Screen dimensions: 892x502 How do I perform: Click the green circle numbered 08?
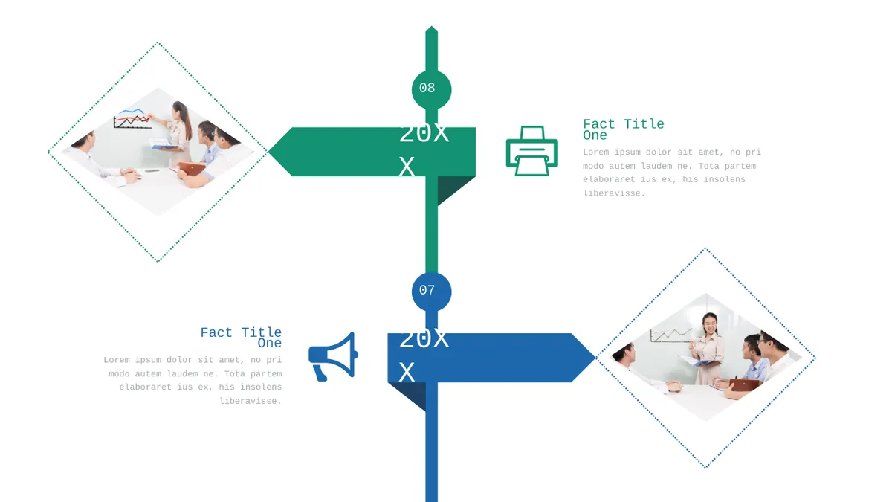tap(431, 90)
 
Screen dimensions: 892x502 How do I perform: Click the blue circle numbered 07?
tap(431, 292)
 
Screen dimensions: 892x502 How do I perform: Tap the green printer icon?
tap(532, 151)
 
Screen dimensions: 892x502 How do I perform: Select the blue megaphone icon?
tap(333, 356)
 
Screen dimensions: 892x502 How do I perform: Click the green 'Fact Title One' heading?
tap(623, 129)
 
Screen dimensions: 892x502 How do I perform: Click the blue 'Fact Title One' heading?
tap(241, 338)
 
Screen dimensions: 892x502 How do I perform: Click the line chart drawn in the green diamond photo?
tap(132, 118)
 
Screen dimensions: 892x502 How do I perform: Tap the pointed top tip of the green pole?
tap(431, 26)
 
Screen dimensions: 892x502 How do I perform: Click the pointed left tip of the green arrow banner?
tap(268, 152)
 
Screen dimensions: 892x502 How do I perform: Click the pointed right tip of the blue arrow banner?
tap(595, 358)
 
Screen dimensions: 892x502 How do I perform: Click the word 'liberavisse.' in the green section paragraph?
tap(614, 193)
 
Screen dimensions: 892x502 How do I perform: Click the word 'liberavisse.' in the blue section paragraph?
tap(251, 401)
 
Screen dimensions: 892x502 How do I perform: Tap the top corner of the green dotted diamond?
tap(158, 42)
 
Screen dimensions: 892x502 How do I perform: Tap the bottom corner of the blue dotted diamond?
tap(705, 467)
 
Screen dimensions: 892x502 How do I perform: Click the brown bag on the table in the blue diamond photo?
tap(743, 385)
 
